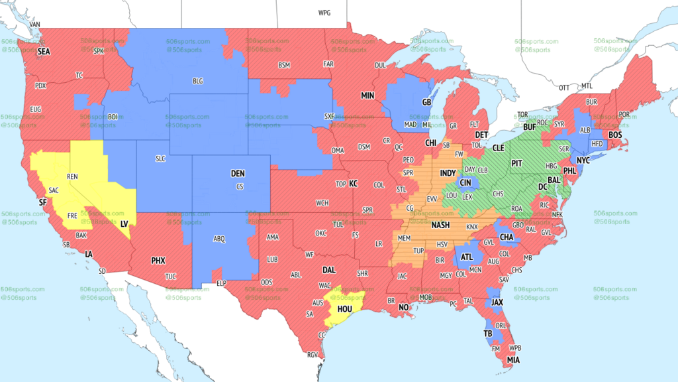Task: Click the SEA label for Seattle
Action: click(x=44, y=51)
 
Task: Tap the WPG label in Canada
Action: click(x=324, y=13)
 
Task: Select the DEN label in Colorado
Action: click(x=238, y=173)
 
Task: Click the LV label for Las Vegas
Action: click(x=124, y=224)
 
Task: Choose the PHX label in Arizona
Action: click(x=158, y=261)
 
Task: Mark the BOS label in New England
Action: click(x=615, y=135)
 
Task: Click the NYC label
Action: click(x=583, y=160)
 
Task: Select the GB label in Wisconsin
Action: click(x=426, y=102)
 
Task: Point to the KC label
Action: click(x=354, y=183)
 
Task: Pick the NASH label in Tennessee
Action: click(x=441, y=225)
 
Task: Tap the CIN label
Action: click(x=466, y=182)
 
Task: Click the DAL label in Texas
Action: click(x=329, y=270)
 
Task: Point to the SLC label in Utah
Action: click(x=161, y=159)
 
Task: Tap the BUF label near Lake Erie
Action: click(x=529, y=126)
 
